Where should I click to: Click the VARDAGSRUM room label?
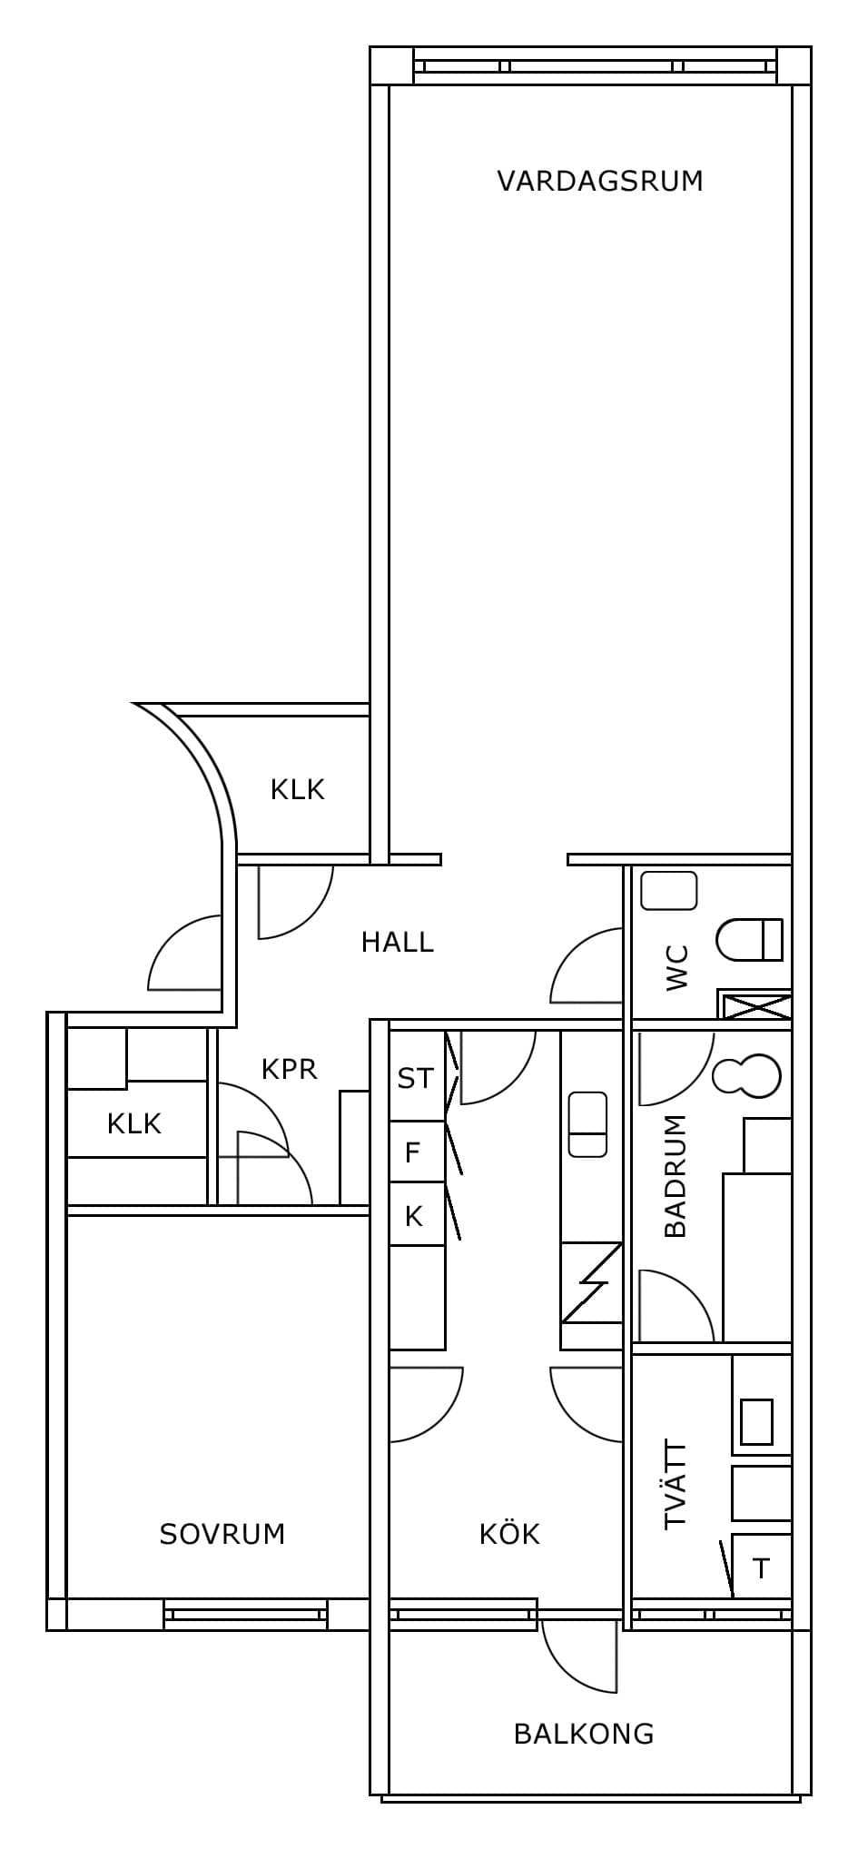coord(600,181)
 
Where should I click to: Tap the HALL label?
coord(398,942)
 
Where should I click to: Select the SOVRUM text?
coord(222,1534)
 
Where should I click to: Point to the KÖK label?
coord(509,1533)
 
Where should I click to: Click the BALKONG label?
coord(584,1734)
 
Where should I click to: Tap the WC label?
coord(677,968)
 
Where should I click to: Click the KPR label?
coord(290,1069)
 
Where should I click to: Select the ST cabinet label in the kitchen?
coord(416,1078)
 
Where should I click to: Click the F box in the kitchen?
coord(417,1152)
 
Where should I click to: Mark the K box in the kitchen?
coord(417,1214)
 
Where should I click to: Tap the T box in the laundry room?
coord(762,1567)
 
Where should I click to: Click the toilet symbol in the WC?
coord(750,939)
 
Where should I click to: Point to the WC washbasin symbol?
coord(669,891)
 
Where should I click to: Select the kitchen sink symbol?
coord(587,1124)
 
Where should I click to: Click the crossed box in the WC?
coord(754,1005)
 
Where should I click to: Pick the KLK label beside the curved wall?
coord(298,789)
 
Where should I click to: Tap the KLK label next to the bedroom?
coord(134,1123)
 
